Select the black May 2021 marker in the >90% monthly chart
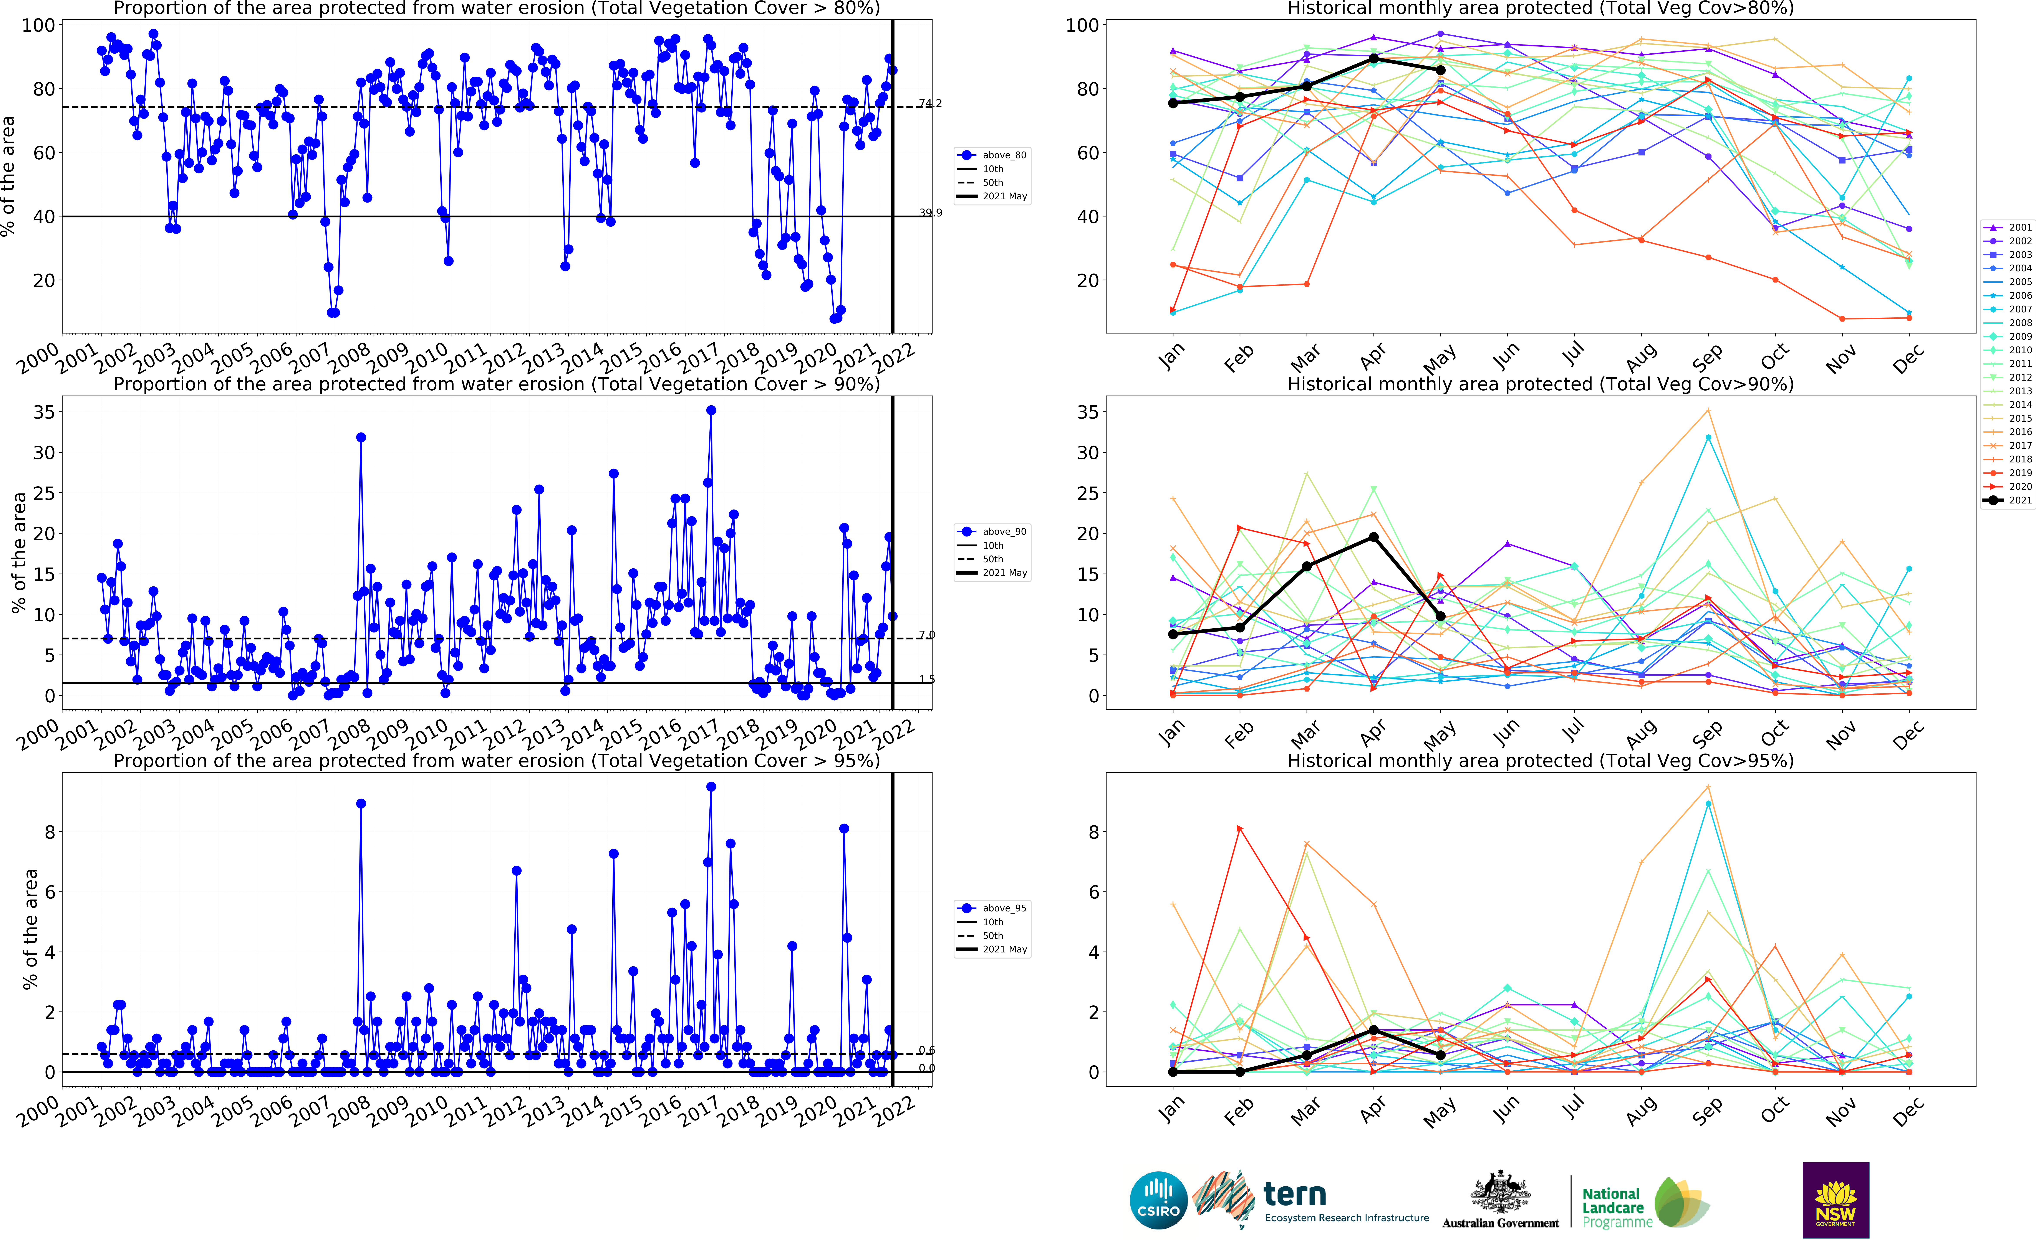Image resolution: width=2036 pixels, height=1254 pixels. point(1440,616)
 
